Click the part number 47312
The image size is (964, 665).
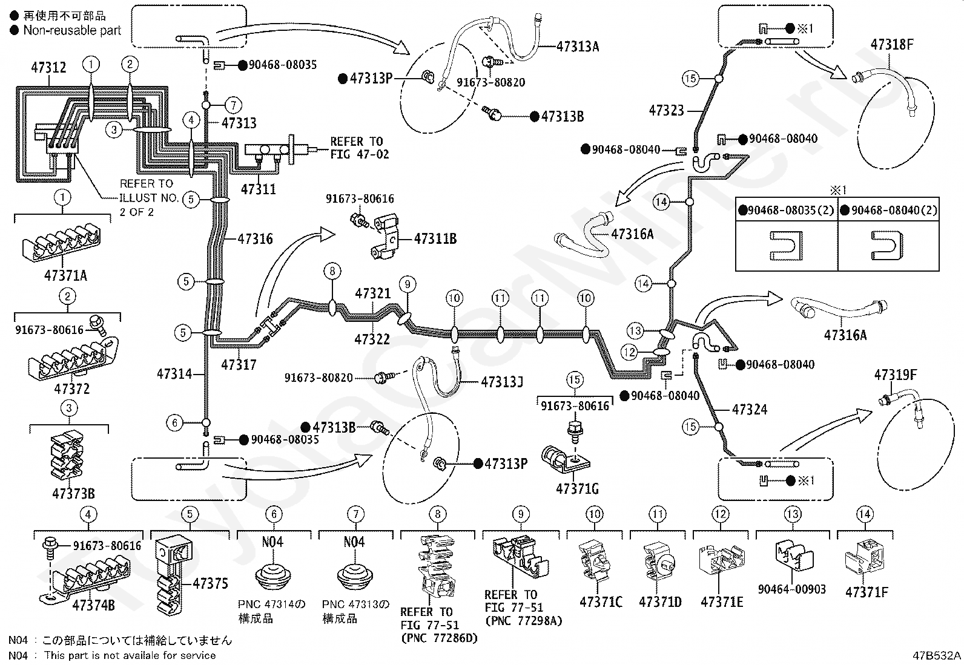point(48,67)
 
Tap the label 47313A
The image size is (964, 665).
point(578,47)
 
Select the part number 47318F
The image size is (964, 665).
point(892,44)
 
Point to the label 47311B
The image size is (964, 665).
point(435,239)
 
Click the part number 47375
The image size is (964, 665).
point(210,583)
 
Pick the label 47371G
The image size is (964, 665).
point(577,489)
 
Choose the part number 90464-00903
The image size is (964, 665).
point(792,589)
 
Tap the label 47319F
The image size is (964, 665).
point(895,375)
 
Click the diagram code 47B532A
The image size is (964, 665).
point(937,655)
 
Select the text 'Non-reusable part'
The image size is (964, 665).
point(72,30)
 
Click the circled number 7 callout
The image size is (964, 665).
point(233,105)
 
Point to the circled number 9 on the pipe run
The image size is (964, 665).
point(408,284)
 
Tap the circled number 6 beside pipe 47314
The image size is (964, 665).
point(175,423)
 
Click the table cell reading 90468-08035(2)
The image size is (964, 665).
point(787,210)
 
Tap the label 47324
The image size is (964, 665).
point(750,409)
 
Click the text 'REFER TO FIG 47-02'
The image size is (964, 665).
point(360,148)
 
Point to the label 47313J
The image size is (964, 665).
point(502,382)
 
